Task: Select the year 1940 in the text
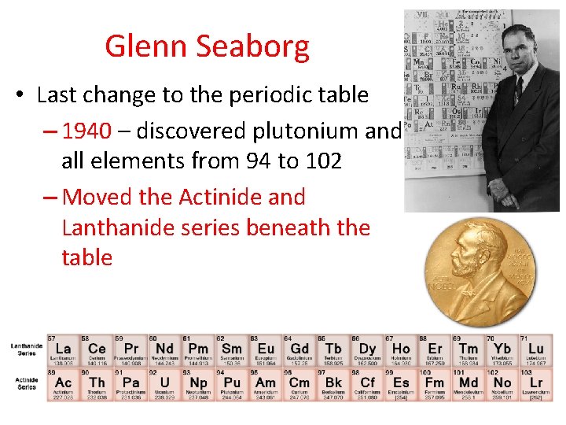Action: (x=86, y=131)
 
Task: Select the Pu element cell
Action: (x=232, y=382)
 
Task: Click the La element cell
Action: (x=63, y=349)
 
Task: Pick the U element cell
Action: (x=164, y=382)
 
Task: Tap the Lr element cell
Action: (x=535, y=382)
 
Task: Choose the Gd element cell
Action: (x=300, y=349)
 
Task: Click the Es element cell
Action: (x=401, y=382)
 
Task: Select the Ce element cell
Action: (x=97, y=349)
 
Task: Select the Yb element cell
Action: (x=502, y=349)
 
